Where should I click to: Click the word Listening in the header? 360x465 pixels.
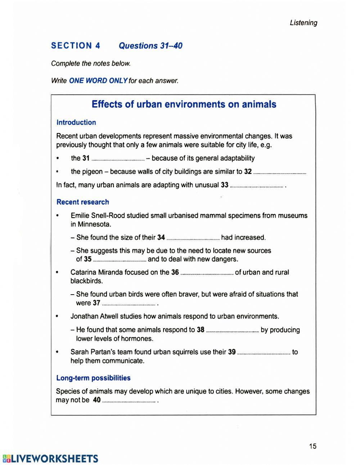point(303,23)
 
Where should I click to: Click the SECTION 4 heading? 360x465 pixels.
point(76,46)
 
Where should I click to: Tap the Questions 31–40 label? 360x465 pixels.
point(150,46)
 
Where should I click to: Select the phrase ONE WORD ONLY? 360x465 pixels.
point(98,81)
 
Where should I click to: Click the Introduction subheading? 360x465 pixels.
point(76,122)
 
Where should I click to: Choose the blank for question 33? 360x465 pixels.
point(256,186)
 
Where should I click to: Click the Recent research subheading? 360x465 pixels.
point(83,202)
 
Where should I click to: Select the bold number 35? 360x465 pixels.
point(88,259)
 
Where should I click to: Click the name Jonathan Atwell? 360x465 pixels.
point(94,317)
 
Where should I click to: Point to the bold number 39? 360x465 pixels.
point(232,352)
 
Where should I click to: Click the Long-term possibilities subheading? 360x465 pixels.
point(93,378)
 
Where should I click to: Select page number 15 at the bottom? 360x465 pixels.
point(312,446)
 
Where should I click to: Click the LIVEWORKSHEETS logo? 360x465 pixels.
point(50,459)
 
